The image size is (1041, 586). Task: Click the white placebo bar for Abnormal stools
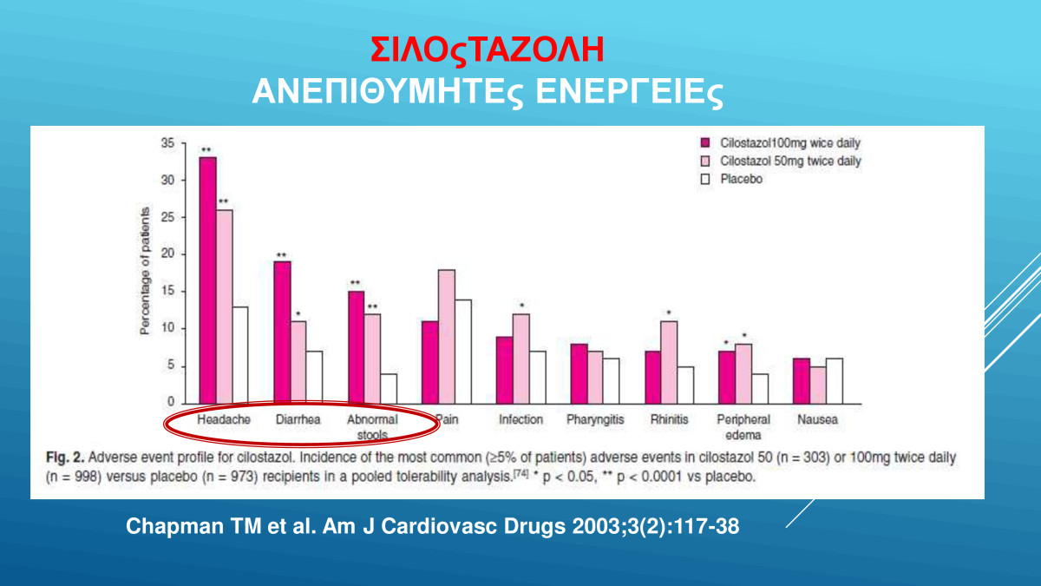[390, 387]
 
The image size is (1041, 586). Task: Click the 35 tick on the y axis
[167, 143]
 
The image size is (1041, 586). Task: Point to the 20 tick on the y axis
[167, 254]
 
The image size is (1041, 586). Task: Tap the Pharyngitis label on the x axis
[595, 419]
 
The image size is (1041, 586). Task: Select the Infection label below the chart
[520, 419]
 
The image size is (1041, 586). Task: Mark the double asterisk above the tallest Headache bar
[206, 150]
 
